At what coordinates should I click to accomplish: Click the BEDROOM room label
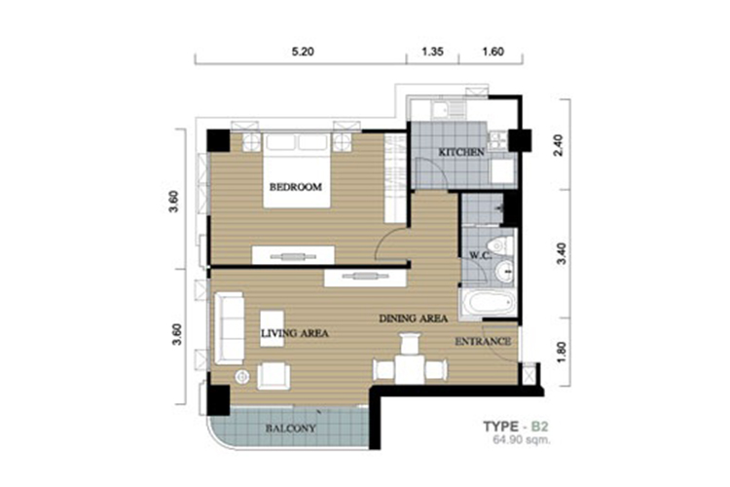(296, 187)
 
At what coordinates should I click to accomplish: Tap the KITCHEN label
(461, 152)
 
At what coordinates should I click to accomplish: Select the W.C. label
(481, 255)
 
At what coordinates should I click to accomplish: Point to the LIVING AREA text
(295, 333)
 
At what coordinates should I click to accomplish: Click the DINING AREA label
(414, 318)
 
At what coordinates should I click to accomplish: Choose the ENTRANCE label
(483, 342)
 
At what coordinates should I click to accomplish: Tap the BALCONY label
(290, 429)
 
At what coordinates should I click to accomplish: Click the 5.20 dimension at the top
(303, 52)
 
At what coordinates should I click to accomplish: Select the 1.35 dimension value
(432, 52)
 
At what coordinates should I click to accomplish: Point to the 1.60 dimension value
(493, 52)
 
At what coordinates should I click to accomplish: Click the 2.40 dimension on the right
(559, 145)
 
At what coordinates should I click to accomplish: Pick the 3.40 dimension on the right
(562, 253)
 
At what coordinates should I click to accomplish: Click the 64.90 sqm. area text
(522, 439)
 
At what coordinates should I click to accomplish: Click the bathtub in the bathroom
(488, 303)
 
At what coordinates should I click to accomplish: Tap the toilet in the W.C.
(500, 245)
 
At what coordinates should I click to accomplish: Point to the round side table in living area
(242, 376)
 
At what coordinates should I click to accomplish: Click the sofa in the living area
(229, 328)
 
